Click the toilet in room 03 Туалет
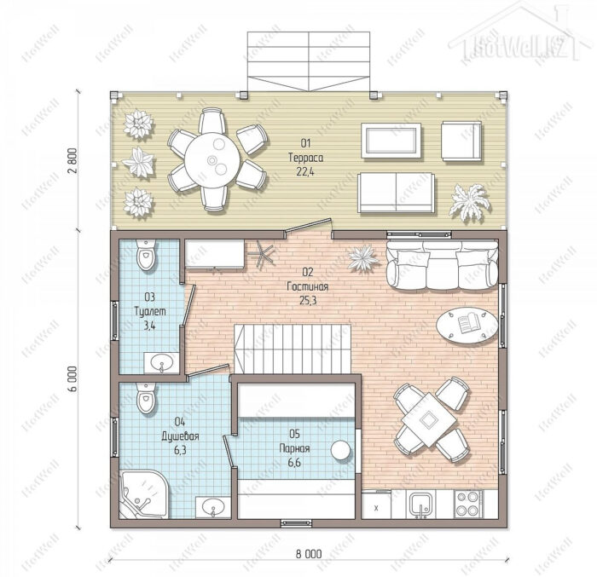(x=146, y=254)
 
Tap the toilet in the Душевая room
(x=146, y=398)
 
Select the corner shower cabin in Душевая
(x=143, y=494)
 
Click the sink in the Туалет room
(x=161, y=362)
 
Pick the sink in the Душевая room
(x=213, y=507)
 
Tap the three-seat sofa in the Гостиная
(x=443, y=264)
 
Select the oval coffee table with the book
(x=467, y=325)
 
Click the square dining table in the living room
(x=429, y=420)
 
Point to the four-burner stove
(x=468, y=504)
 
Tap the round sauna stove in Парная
(x=341, y=450)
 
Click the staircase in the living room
(x=293, y=349)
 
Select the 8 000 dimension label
(x=309, y=554)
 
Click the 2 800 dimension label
(x=73, y=160)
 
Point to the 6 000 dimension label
(x=73, y=378)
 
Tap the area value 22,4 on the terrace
(x=305, y=172)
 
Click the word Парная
(x=294, y=448)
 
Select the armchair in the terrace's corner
(x=461, y=141)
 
